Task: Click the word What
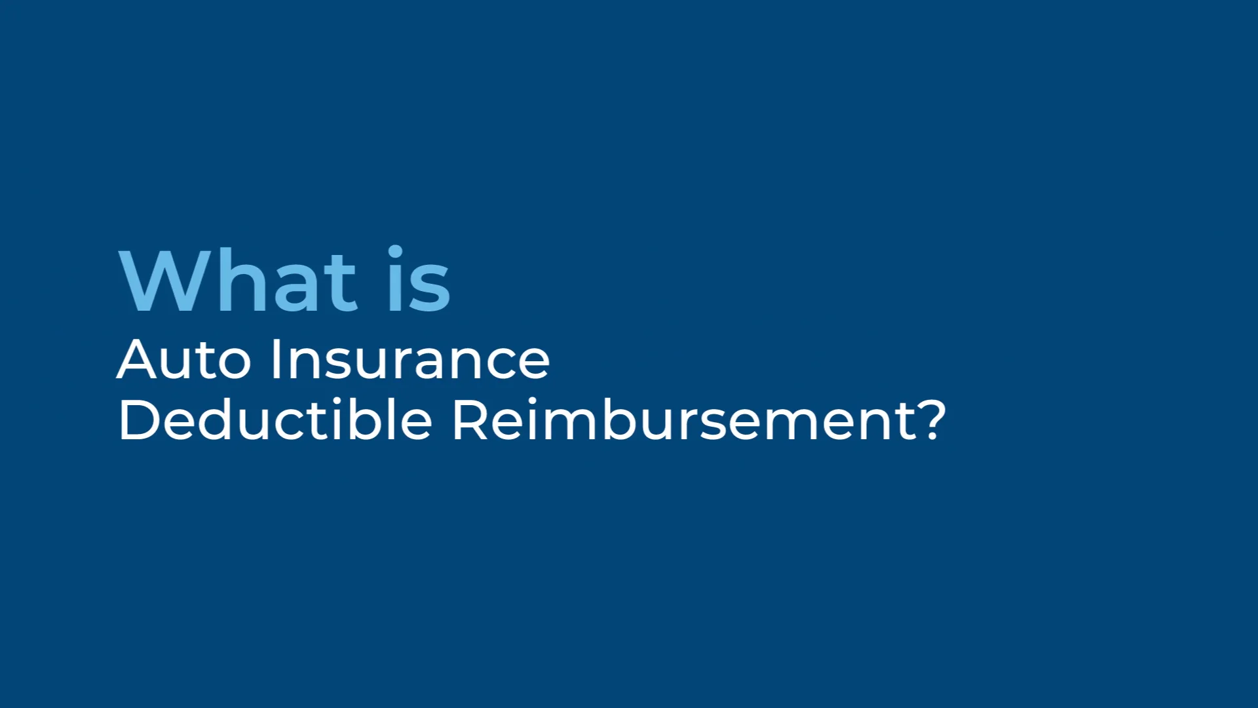(x=238, y=281)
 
